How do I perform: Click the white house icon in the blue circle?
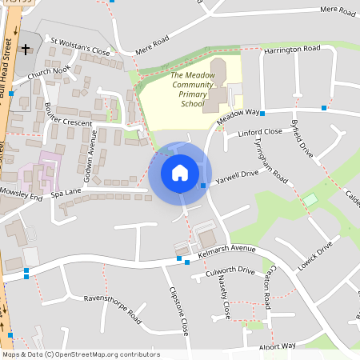pyautogui.click(x=180, y=173)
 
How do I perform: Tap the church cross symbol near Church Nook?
pyautogui.click(x=25, y=50)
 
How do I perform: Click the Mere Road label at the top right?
pyautogui.click(x=337, y=10)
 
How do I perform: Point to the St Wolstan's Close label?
pyautogui.click(x=80, y=46)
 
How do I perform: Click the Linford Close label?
pyautogui.click(x=260, y=132)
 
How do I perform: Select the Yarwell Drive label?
pyautogui.click(x=237, y=174)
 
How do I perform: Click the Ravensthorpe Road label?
pyautogui.click(x=113, y=309)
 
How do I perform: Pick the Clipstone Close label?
pyautogui.click(x=178, y=311)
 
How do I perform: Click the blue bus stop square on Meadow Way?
pyautogui.click(x=262, y=114)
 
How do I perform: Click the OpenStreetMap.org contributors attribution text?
pyautogui.click(x=103, y=354)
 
